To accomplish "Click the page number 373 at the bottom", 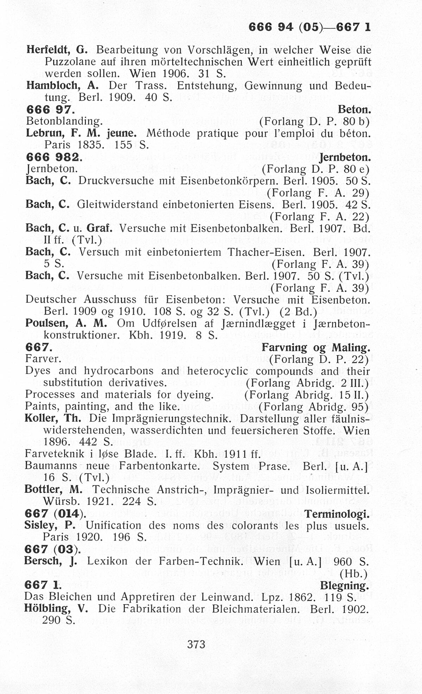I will pyautogui.click(x=196, y=644).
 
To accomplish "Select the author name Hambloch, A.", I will pyautogui.click(x=62, y=85).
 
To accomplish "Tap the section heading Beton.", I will pyautogui.click(x=354, y=110).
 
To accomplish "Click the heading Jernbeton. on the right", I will pyautogui.click(x=346, y=157).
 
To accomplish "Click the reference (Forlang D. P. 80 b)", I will pyautogui.click(x=314, y=122).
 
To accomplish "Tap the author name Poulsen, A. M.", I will pyautogui.click(x=66, y=323).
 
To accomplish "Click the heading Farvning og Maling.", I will pyautogui.click(x=316, y=348).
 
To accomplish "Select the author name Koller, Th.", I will pyautogui.click(x=53, y=418).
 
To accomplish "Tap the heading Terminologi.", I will pyautogui.click(x=337, y=514).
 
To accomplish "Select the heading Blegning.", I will pyautogui.click(x=344, y=585).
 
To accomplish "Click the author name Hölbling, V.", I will pyautogui.click(x=56, y=608).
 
